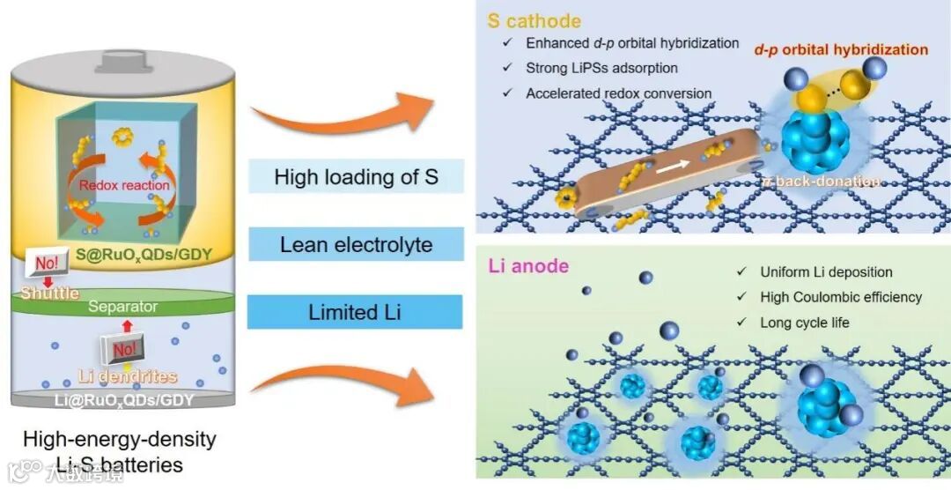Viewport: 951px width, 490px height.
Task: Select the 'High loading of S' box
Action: pyautogui.click(x=355, y=177)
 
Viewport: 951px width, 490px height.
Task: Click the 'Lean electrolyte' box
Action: pyautogui.click(x=355, y=244)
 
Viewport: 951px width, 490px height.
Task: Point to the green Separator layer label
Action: pyautogui.click(x=122, y=307)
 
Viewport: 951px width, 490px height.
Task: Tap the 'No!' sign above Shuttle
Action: pyautogui.click(x=49, y=262)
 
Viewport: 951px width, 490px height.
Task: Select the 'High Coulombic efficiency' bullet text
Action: pyautogui.click(x=840, y=298)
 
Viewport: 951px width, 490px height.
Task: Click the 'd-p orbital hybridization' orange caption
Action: pyautogui.click(x=841, y=49)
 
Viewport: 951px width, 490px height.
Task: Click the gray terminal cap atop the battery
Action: pyautogui.click(x=122, y=63)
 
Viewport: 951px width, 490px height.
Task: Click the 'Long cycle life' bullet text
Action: pyautogui.click(x=805, y=323)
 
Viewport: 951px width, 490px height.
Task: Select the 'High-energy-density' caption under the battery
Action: pyautogui.click(x=120, y=438)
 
